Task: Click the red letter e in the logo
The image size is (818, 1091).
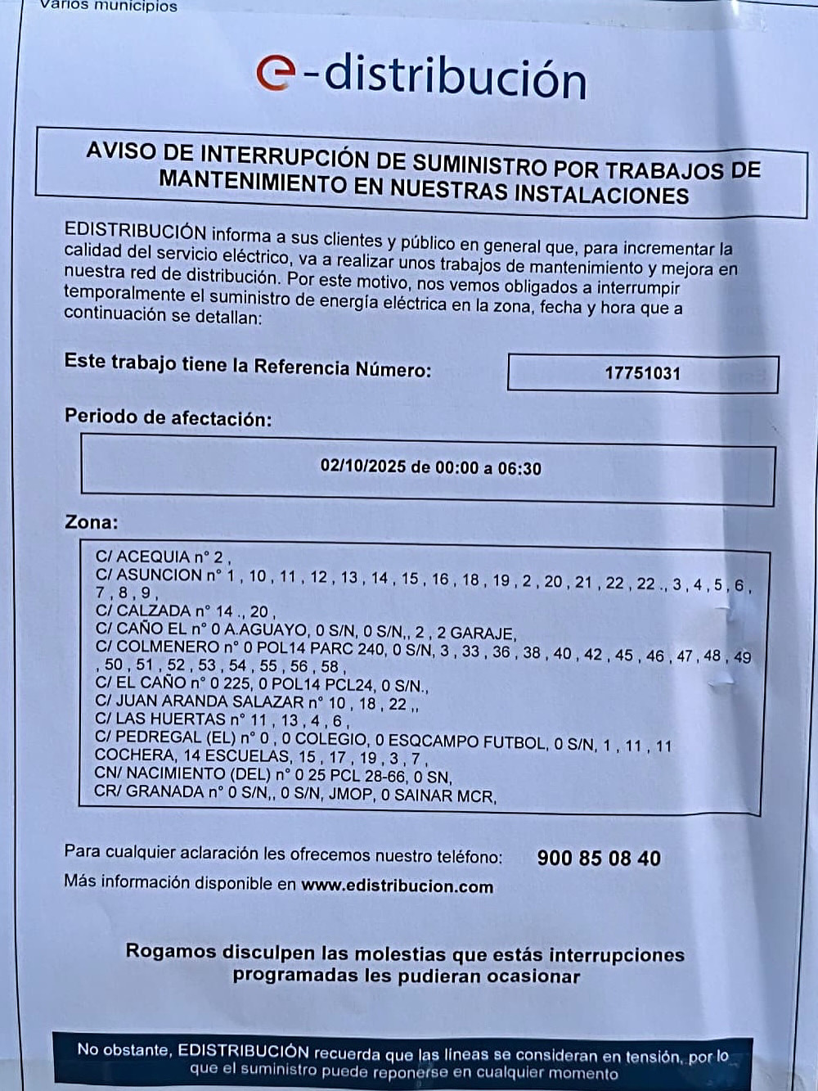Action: (275, 74)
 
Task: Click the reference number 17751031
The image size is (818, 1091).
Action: (642, 373)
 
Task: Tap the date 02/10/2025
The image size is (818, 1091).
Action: (362, 467)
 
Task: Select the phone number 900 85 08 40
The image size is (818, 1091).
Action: (599, 858)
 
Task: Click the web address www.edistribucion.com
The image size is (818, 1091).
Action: (397, 886)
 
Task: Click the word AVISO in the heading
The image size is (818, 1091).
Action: (121, 151)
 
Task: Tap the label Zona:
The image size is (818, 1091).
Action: (91, 521)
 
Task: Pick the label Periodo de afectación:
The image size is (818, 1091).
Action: (168, 417)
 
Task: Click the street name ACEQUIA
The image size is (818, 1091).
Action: (153, 557)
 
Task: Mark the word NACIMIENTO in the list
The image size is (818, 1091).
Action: (176, 773)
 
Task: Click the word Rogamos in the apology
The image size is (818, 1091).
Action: (170, 951)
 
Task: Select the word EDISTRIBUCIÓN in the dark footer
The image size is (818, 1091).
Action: (243, 1051)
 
